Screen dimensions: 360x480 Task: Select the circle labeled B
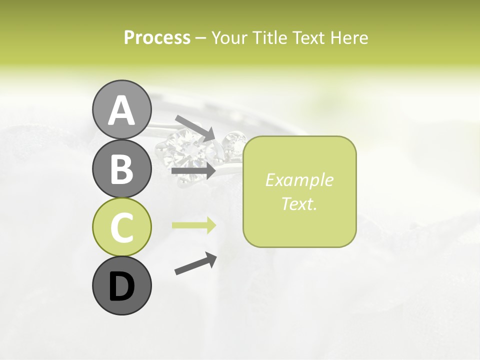click(121, 168)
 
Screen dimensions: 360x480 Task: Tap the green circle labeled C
click(121, 227)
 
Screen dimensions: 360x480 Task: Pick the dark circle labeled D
click(121, 286)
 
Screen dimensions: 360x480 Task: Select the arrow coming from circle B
click(193, 171)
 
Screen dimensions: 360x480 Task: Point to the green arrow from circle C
click(194, 225)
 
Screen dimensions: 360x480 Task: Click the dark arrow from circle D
click(195, 263)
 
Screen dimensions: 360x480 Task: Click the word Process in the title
click(157, 38)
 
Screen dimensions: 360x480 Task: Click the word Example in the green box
click(299, 180)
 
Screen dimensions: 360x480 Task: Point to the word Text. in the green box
click(299, 203)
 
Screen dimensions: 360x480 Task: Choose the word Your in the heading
click(228, 38)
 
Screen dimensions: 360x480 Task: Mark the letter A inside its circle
click(121, 110)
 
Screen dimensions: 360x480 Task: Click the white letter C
click(121, 228)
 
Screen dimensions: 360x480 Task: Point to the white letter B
click(121, 169)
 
